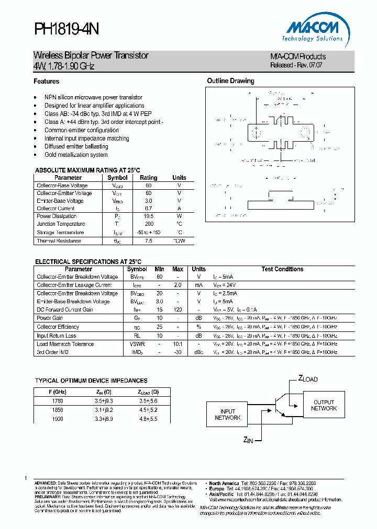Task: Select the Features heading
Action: click(46, 82)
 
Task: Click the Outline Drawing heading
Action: click(230, 81)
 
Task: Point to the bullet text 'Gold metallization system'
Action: click(76, 155)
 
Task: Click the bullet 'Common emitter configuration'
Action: click(81, 130)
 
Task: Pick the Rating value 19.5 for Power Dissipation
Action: click(149, 216)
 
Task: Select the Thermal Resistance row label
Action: click(59, 241)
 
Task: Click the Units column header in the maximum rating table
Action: click(179, 178)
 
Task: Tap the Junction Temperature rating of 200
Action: click(149, 224)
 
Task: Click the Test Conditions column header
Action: click(282, 269)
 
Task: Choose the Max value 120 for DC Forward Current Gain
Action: click(178, 310)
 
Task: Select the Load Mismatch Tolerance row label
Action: click(65, 344)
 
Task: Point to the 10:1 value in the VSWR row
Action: click(178, 344)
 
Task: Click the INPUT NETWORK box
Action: click(228, 415)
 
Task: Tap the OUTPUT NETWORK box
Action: click(324, 405)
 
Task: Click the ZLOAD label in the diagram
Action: click(308, 378)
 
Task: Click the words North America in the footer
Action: click(224, 483)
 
